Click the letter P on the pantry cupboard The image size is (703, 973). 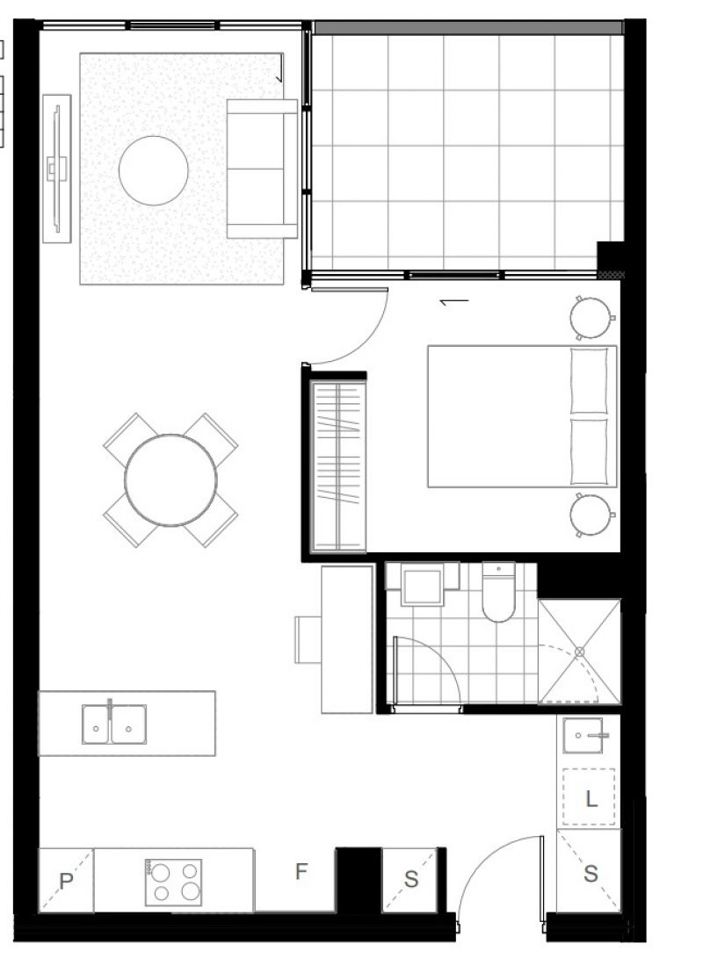tap(66, 881)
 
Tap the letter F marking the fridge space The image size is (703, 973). tap(301, 872)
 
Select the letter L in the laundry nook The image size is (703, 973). tap(591, 798)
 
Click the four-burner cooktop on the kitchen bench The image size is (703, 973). tap(173, 882)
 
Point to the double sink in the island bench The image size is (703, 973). tap(114, 724)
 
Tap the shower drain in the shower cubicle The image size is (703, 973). tap(579, 652)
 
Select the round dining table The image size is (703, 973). tap(170, 480)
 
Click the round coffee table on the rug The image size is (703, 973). tap(154, 170)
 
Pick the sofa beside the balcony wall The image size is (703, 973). tap(262, 169)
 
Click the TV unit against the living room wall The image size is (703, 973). tap(56, 168)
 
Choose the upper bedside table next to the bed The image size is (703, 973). tap(591, 318)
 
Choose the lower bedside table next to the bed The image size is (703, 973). tap(591, 515)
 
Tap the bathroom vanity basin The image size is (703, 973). tap(423, 584)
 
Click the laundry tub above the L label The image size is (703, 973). tap(583, 735)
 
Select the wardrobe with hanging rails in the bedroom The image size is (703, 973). tap(338, 466)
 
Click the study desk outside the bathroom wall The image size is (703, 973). tap(347, 639)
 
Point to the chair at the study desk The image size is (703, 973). tap(308, 640)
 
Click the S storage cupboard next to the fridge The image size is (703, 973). tap(410, 880)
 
